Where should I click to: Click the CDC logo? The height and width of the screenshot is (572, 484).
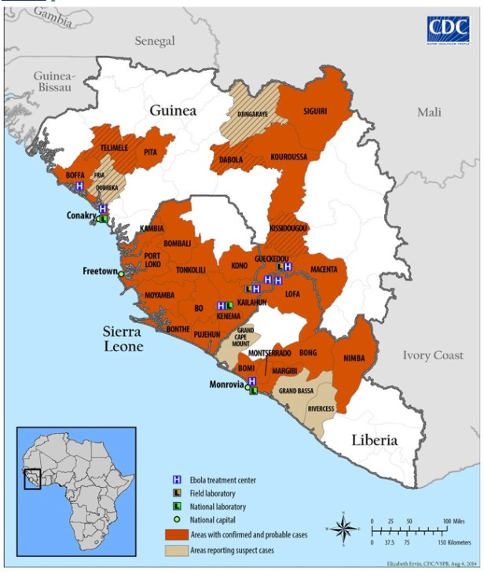[x=448, y=30]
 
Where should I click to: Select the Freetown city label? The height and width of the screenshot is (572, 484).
[x=100, y=271]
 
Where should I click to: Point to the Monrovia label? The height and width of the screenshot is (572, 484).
[x=227, y=385]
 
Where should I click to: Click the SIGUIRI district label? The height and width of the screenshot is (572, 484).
[x=314, y=112]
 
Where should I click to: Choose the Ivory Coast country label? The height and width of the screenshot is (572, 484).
[x=433, y=355]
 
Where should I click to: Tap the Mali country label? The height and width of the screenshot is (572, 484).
[x=429, y=112]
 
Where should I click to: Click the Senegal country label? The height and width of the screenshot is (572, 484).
[x=154, y=40]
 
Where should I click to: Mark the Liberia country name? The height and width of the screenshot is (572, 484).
[x=374, y=440]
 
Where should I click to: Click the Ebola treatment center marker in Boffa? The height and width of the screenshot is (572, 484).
[x=79, y=186]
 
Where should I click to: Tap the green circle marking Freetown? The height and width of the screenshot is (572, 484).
[x=121, y=273]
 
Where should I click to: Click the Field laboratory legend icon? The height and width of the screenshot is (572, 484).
[x=178, y=493]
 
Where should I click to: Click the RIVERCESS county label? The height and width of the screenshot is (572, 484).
[x=321, y=409]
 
